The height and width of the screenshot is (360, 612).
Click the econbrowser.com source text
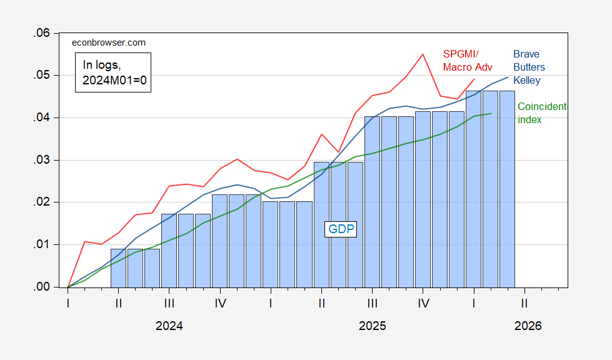pyautogui.click(x=109, y=42)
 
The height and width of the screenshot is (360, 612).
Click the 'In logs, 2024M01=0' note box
pyautogui.click(x=113, y=72)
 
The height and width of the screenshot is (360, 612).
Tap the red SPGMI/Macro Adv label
pyautogui.click(x=468, y=61)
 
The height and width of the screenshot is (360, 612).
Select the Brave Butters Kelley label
pyautogui.click(x=529, y=67)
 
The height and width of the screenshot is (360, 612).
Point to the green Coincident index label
pyautogui.click(x=542, y=112)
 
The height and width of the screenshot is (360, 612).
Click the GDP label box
pyautogui.click(x=341, y=229)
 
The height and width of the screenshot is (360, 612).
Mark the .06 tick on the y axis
pyautogui.click(x=42, y=33)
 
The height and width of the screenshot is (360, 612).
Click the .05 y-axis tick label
pyautogui.click(x=42, y=75)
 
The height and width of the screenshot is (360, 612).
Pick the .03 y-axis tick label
pyautogui.click(x=42, y=160)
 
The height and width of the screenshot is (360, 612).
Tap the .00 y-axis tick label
pyautogui.click(x=42, y=287)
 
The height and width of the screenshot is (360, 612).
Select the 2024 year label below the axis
pyautogui.click(x=169, y=326)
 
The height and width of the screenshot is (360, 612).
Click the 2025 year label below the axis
pyautogui.click(x=373, y=326)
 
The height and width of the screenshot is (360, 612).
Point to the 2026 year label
pyautogui.click(x=528, y=326)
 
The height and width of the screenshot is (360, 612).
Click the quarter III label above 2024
pyautogui.click(x=169, y=303)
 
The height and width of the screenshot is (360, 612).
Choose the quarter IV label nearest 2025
pyautogui.click(x=423, y=303)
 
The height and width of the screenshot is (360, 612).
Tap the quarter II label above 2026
pyautogui.click(x=524, y=303)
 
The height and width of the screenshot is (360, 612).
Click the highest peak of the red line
pyautogui.click(x=423, y=54)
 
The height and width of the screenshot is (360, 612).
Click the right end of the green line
pyautogui.click(x=491, y=114)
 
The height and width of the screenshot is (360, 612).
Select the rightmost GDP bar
pyautogui.click(x=508, y=189)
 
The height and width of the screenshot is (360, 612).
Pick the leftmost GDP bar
pyautogui.click(x=118, y=268)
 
